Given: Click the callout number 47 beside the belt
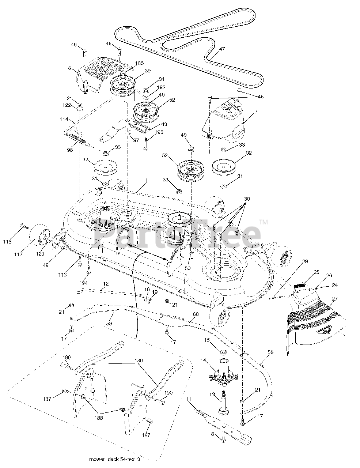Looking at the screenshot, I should [222, 49].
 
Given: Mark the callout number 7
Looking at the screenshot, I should [256, 112].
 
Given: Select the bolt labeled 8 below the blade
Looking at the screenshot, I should [222, 438].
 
